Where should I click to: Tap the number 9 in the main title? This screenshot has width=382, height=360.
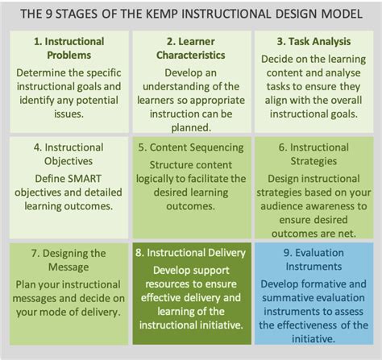coord(48,14)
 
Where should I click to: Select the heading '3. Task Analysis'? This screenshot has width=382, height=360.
coord(313,42)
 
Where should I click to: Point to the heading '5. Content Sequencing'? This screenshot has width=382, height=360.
coord(191,147)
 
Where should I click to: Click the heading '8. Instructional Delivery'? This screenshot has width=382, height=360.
coord(190,253)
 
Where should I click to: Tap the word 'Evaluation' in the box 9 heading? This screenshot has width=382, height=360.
coord(319,253)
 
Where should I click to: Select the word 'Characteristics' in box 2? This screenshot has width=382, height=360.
coord(191,56)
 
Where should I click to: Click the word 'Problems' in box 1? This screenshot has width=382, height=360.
coord(69,56)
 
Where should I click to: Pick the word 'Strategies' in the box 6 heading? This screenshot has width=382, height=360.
coord(313,161)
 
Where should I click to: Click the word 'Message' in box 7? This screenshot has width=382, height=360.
coord(69,267)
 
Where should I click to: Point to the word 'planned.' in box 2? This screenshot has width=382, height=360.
coord(191,127)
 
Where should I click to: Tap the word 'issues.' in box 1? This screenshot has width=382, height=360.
coord(69,114)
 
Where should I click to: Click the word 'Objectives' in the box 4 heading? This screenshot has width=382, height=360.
coord(69,161)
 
